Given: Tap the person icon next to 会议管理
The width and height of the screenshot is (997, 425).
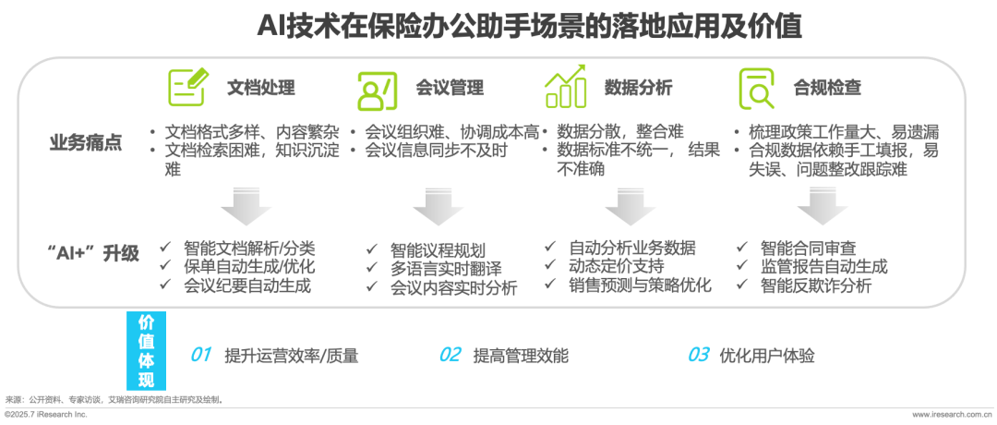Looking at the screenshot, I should [x=377, y=89].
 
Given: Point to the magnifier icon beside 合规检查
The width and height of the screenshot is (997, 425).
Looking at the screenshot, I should [x=756, y=89].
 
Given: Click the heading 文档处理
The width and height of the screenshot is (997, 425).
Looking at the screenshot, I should [x=261, y=89].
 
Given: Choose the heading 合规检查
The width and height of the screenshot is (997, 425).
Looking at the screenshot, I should [x=827, y=89].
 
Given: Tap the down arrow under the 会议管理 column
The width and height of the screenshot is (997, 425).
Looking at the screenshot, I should [x=438, y=207].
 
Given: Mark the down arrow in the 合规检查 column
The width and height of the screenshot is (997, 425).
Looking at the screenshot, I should [x=822, y=207].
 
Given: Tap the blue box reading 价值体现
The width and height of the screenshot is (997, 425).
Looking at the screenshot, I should [x=146, y=351].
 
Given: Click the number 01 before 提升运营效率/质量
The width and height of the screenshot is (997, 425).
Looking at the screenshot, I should [x=201, y=355].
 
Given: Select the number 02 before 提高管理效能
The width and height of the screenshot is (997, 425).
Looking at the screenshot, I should [x=450, y=355].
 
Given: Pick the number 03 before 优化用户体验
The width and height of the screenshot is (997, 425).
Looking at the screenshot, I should [x=698, y=355].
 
